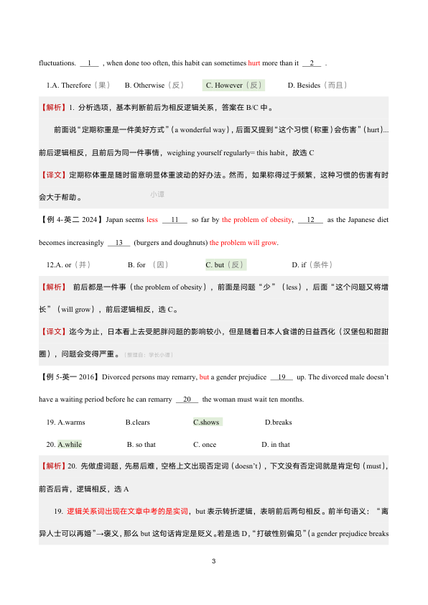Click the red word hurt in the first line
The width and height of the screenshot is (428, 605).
pos(253,63)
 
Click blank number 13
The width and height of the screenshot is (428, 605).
pos(118,242)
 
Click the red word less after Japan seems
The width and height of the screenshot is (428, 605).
pos(152,220)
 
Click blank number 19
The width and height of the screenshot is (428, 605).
pos(281,377)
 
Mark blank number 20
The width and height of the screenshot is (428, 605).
pos(186,400)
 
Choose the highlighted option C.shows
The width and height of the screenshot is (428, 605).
pos(207,422)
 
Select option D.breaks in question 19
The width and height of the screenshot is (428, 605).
pos(279,422)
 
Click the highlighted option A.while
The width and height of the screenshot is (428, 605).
pos(70,445)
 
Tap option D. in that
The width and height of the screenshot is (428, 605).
pos(276,445)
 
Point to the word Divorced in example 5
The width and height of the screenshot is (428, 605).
pos(117,377)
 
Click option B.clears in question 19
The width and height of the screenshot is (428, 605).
pos(138,422)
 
